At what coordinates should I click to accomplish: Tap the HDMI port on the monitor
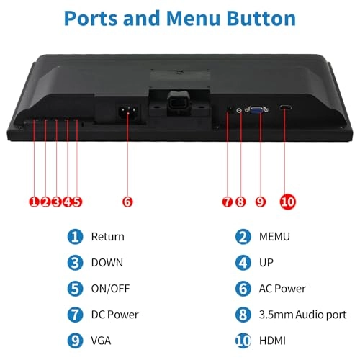pos(286,109)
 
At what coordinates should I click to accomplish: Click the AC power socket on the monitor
pos(127,112)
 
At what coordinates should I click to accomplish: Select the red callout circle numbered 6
pos(127,202)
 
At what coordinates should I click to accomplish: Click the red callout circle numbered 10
pos(287,202)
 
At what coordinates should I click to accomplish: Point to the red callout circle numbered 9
pos(261,202)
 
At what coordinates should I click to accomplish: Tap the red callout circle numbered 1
pos(34,202)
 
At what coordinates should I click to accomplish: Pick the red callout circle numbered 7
pos(227,202)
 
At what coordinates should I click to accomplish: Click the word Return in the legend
pos(107,237)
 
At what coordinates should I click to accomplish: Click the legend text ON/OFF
pos(110,289)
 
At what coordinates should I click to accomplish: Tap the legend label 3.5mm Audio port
pos(302,315)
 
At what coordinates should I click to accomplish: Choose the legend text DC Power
pos(114,315)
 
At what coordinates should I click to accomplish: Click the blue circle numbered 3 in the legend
pos(75,263)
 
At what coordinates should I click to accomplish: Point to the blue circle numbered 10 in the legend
pos(243,341)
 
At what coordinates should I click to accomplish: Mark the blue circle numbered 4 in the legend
pos(243,263)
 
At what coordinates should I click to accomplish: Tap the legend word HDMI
pos(274,341)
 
